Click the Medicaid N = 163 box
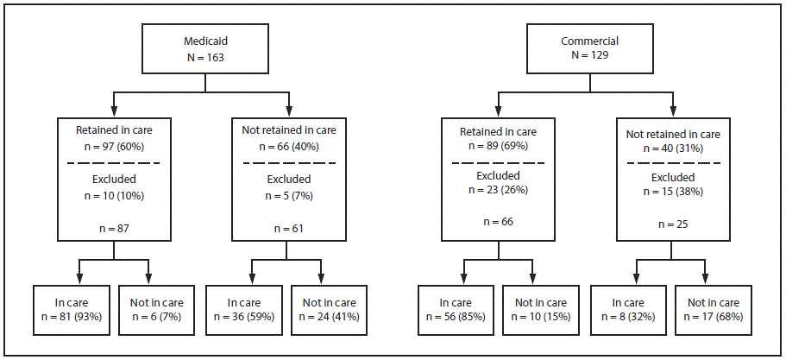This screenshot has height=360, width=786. pyautogui.click(x=204, y=48)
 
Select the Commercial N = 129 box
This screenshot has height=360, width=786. pyautogui.click(x=588, y=48)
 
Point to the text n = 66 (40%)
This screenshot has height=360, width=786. pyautogui.click(x=288, y=146)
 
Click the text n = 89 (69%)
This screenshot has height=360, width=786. pyautogui.click(x=499, y=146)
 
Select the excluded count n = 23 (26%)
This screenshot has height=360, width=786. pyautogui.click(x=499, y=190)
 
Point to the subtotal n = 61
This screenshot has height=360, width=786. pyautogui.click(x=288, y=228)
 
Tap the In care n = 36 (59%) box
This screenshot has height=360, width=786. pyautogui.click(x=247, y=309)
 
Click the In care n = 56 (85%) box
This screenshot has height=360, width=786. pyautogui.click(x=457, y=309)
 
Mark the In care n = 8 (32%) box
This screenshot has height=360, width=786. pyautogui.click(x=630, y=309)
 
